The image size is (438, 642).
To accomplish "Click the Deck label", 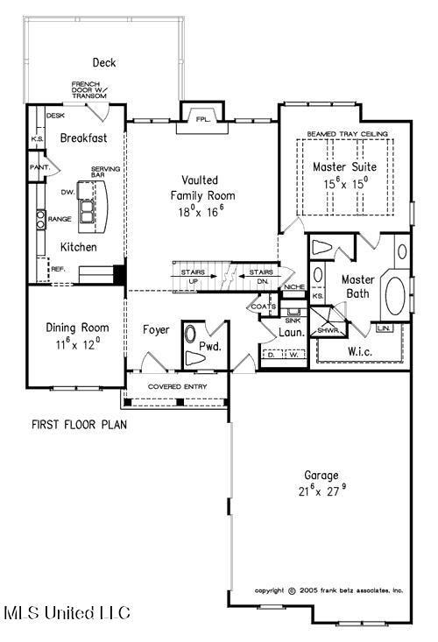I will point(104,62).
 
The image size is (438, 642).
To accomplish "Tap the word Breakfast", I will point(83,138).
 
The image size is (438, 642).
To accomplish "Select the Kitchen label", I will point(79,248).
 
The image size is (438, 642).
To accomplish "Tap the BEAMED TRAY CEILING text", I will point(347,134).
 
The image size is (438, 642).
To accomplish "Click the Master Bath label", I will point(357,286).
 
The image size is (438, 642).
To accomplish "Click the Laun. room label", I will point(292,333).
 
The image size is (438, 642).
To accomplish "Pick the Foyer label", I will point(156,330).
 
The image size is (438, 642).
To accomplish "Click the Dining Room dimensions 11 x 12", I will point(76,343).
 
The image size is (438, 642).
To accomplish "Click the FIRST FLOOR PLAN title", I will point(80,425).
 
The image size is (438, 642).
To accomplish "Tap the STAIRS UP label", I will point(193,277).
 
